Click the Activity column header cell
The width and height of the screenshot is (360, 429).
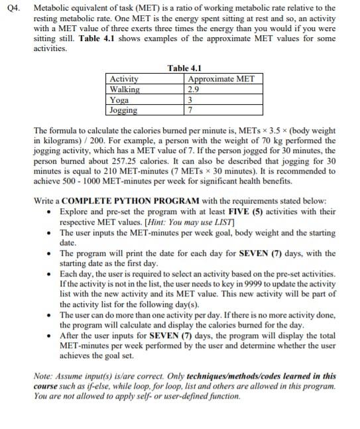point(125,80)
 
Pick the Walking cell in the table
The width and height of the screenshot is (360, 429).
point(125,90)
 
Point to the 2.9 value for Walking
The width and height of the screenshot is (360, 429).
point(194,90)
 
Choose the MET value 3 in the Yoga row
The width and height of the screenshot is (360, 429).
point(191,100)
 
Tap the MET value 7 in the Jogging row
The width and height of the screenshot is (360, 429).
point(191,110)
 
